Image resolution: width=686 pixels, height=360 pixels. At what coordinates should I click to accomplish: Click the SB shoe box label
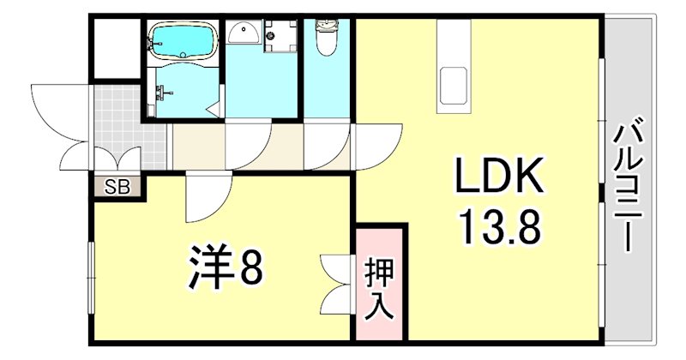pos(117,186)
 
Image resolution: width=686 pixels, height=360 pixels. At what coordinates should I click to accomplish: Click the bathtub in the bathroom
pos(181,40)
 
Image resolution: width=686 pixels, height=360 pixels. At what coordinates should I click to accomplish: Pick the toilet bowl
pos(326,39)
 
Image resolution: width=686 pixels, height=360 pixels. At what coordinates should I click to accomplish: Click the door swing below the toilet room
pos(327,146)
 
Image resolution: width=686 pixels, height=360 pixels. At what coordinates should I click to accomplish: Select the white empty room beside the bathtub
pos(116,49)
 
